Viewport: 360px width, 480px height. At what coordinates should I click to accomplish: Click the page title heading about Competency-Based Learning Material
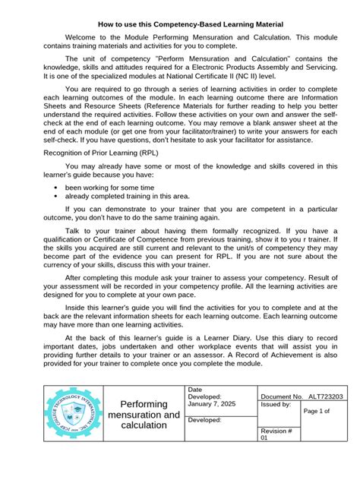[x=180, y=25]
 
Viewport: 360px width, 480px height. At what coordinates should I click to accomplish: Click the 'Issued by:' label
[x=276, y=406]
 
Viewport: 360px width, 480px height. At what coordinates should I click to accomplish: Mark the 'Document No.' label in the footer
[x=282, y=397]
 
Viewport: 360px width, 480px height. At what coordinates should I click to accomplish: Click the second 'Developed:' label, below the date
[x=205, y=420]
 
